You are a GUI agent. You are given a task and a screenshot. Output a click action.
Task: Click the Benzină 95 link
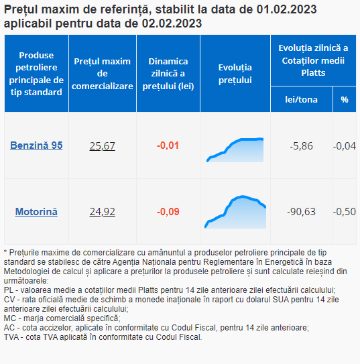(x=36, y=145)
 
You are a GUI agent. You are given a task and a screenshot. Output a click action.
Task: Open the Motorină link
(x=36, y=211)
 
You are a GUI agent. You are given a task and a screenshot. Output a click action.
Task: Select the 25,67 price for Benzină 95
(x=103, y=145)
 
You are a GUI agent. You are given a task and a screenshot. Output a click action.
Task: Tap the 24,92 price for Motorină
(x=103, y=212)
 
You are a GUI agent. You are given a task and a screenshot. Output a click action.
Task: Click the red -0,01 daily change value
(x=168, y=145)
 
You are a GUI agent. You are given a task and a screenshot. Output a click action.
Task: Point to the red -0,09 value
(x=168, y=212)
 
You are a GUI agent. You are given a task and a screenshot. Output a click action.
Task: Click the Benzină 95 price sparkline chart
(x=235, y=150)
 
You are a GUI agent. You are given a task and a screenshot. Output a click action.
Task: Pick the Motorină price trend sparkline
(x=235, y=212)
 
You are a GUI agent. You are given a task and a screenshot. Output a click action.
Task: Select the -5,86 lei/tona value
(x=301, y=146)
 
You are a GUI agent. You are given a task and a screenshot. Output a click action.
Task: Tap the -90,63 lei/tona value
(x=301, y=212)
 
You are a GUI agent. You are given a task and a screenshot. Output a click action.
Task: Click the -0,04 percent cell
(x=345, y=146)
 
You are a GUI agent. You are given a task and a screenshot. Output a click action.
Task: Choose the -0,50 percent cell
(x=345, y=212)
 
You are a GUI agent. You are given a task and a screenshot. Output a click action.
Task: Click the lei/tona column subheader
(x=301, y=100)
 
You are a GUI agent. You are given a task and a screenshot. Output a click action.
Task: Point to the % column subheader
(x=345, y=100)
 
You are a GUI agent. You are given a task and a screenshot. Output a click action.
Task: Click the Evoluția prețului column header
(x=235, y=74)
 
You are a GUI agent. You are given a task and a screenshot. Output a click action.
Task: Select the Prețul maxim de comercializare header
(x=103, y=74)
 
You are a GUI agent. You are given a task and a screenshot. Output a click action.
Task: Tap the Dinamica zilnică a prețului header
(x=168, y=74)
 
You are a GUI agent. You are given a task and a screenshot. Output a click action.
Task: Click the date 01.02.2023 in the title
(x=286, y=9)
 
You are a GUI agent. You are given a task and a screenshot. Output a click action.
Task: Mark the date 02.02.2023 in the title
(x=172, y=23)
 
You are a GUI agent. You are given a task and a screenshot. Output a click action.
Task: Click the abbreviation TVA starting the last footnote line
(x=11, y=337)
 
